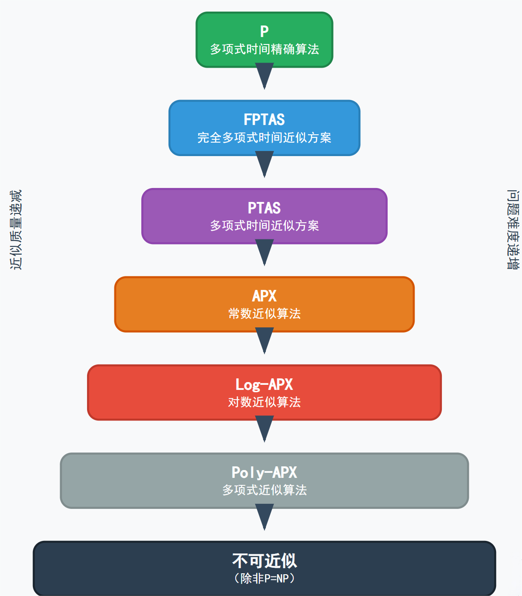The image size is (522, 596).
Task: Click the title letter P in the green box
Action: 264,31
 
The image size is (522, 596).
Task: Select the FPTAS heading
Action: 264,119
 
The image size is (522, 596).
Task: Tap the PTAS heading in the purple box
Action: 264,208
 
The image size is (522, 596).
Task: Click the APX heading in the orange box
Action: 264,296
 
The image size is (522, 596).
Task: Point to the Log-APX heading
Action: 264,384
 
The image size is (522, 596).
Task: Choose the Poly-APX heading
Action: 264,472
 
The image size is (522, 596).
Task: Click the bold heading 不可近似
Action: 264,561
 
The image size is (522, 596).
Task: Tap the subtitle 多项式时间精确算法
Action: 264,49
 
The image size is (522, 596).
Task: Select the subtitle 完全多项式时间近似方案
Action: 264,138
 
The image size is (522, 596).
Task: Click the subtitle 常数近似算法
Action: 264,314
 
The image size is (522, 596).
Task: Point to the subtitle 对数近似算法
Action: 264,402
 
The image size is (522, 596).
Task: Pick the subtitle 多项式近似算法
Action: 264,490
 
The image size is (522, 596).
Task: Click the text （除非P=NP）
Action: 264,578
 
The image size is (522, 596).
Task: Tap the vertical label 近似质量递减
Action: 16,230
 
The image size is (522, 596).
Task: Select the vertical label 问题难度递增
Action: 513,230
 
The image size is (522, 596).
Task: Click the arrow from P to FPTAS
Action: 264,75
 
